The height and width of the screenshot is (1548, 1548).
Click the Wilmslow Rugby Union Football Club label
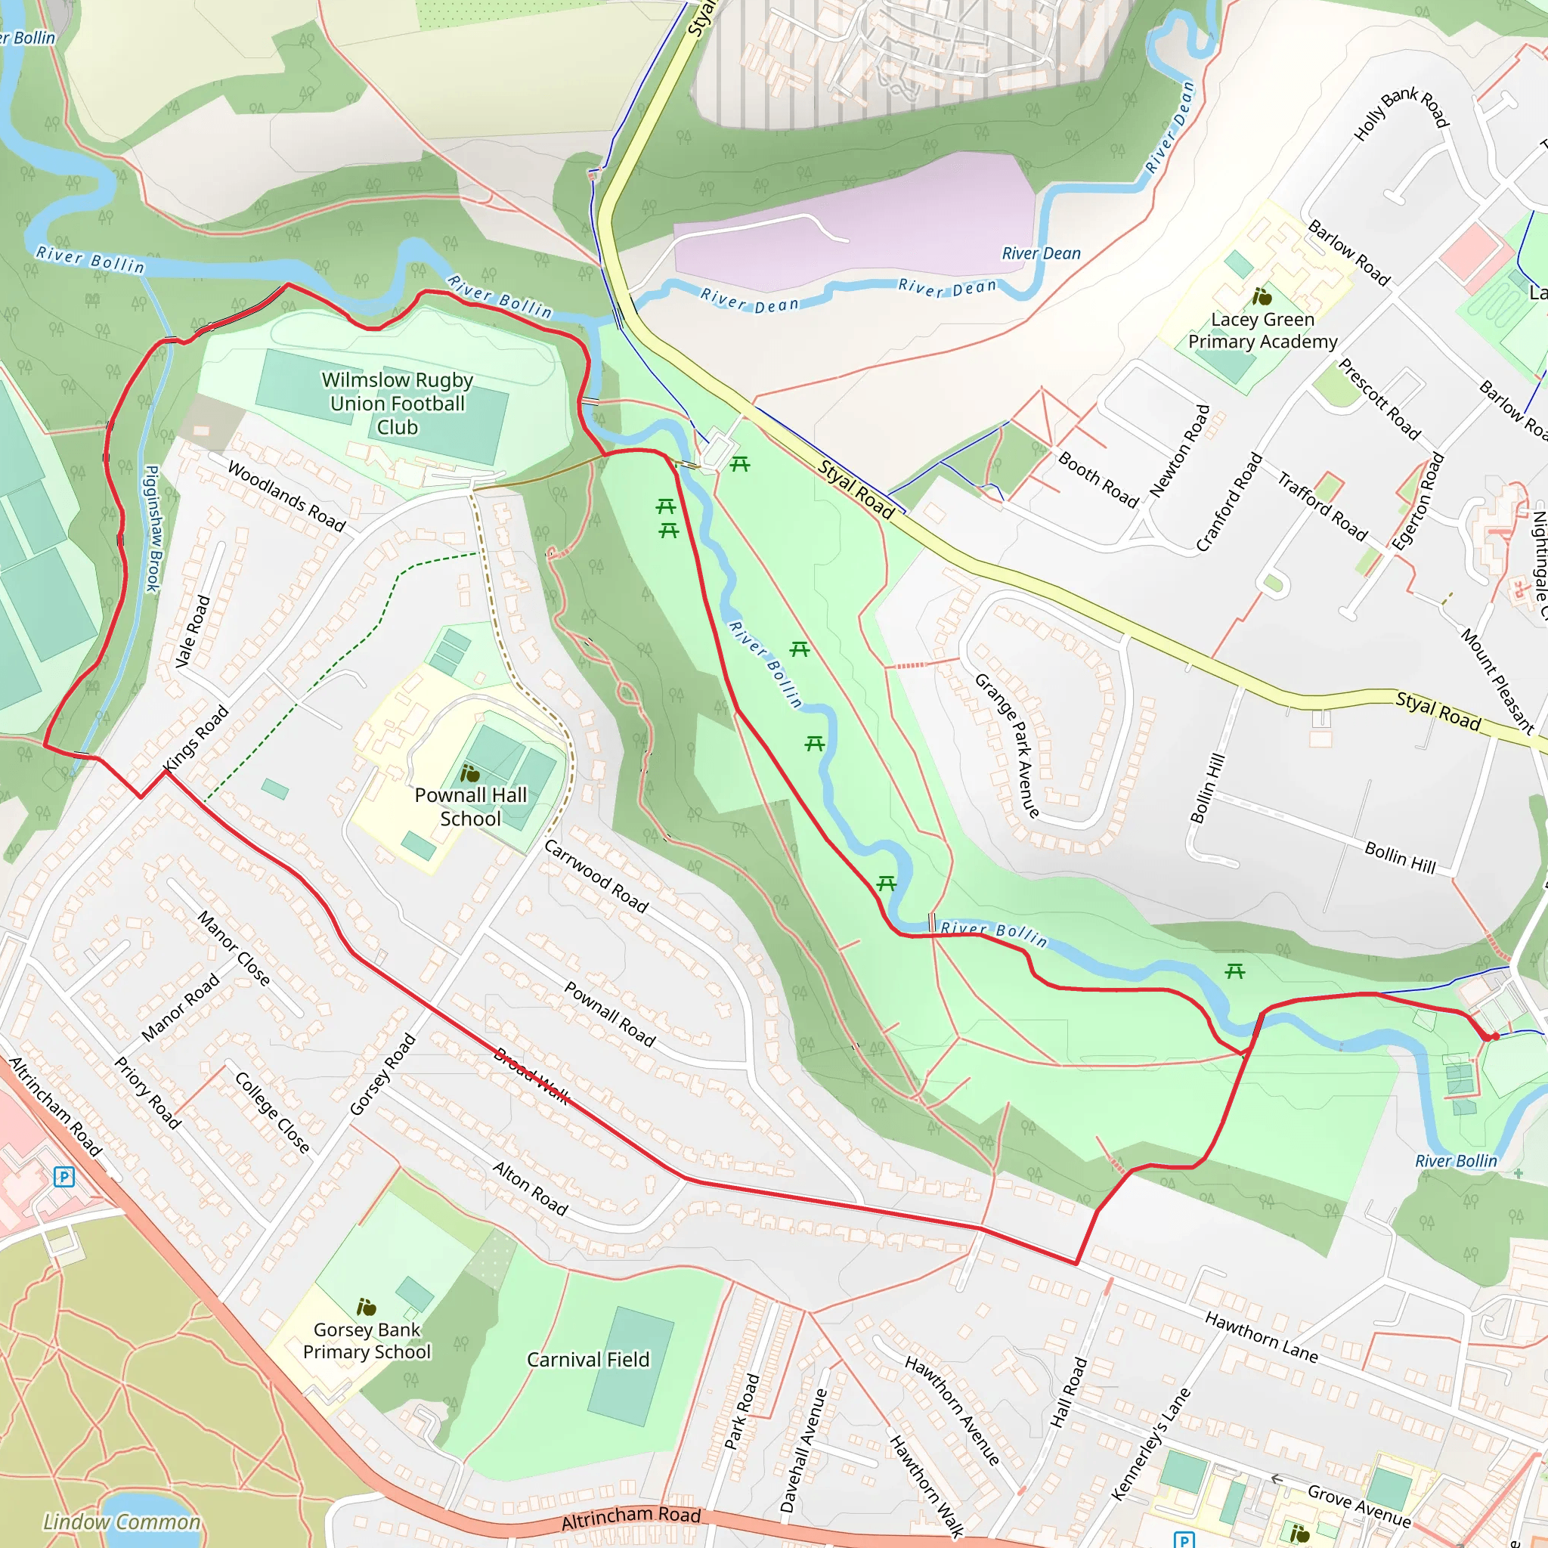(398, 403)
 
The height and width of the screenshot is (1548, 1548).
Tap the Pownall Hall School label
(470, 807)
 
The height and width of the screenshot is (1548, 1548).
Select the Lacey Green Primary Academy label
(1263, 330)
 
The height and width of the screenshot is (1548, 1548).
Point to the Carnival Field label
(588, 1360)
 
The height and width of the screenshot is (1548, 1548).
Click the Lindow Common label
(122, 1522)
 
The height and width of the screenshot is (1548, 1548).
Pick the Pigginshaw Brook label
(152, 529)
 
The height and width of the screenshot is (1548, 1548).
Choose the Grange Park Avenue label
(1007, 745)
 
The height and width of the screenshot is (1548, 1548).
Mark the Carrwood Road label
(596, 876)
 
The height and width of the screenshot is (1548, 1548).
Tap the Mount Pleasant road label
(1497, 682)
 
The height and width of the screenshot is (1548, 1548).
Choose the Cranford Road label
(1228, 503)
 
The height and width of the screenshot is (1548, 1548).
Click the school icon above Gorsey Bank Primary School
(366, 1308)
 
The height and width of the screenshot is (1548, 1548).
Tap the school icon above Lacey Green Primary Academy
(1262, 296)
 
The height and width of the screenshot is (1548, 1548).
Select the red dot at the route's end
(1493, 1037)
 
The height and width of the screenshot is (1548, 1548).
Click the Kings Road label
(197, 738)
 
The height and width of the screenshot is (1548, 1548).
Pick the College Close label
(272, 1112)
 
